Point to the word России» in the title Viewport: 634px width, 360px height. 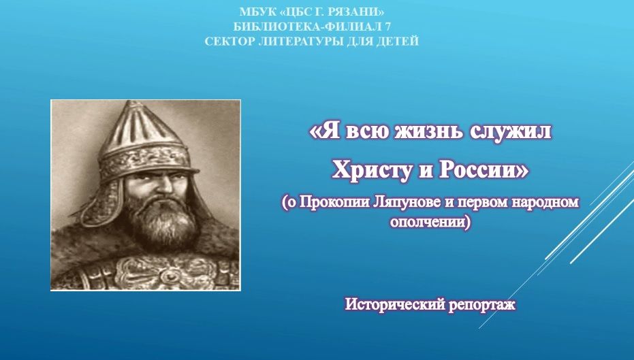[x=484, y=169]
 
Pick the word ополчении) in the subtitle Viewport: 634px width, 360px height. [x=430, y=223]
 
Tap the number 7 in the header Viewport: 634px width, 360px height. [x=388, y=27]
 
